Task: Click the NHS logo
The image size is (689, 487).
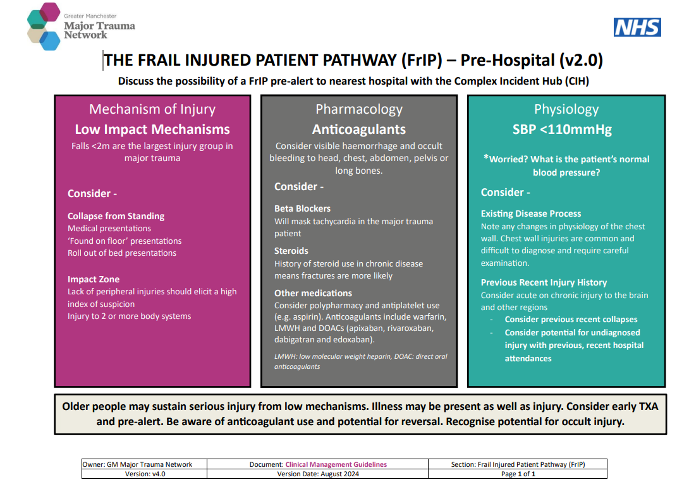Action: click(x=637, y=27)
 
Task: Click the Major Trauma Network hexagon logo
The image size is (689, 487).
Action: click(x=44, y=27)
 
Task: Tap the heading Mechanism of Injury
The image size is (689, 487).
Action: click(x=152, y=109)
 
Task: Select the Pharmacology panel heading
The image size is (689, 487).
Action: click(x=359, y=109)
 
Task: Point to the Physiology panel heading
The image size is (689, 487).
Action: click(x=566, y=109)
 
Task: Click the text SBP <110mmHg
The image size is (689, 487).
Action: click(x=562, y=129)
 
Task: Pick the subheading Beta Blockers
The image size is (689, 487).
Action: click(x=302, y=208)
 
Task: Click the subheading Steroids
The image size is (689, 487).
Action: click(x=291, y=251)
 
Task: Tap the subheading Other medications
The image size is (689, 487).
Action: click(x=314, y=293)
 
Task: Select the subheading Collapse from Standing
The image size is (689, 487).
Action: click(x=116, y=216)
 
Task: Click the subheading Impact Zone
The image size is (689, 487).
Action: click(x=94, y=279)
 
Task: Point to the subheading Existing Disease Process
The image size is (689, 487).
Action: click(x=531, y=214)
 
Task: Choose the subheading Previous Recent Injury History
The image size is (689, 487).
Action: click(x=544, y=282)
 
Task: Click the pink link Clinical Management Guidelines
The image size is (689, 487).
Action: click(x=336, y=465)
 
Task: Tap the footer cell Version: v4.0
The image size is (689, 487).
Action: click(x=145, y=474)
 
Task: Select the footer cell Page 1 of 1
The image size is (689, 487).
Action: click(x=518, y=474)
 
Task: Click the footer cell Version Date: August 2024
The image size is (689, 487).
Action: click(x=318, y=474)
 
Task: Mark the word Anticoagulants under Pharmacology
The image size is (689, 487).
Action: click(x=359, y=129)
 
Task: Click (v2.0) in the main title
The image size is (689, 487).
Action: click(x=581, y=60)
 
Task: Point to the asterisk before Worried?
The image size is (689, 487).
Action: click(x=486, y=157)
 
